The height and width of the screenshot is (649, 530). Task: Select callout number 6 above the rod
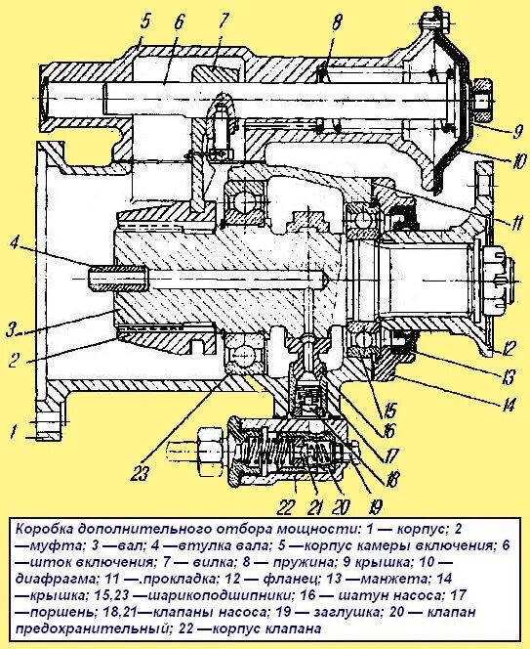tap(180, 22)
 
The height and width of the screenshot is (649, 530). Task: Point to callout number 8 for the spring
tap(337, 22)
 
